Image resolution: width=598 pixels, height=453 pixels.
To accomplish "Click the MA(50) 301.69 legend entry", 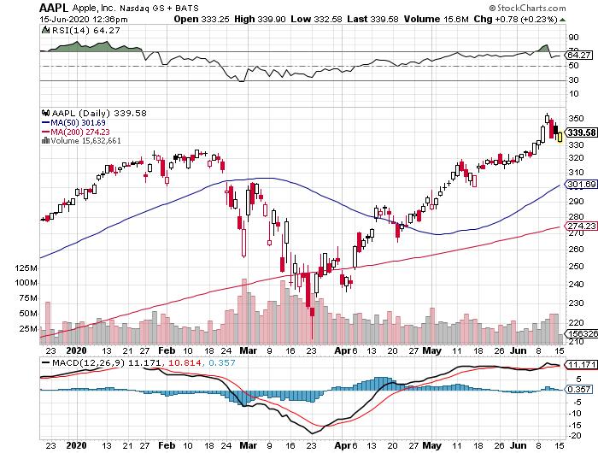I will coord(73,122).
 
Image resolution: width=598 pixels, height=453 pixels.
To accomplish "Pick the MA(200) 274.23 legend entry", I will coord(75,132).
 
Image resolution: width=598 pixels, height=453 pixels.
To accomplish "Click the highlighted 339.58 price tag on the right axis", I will coord(580,132).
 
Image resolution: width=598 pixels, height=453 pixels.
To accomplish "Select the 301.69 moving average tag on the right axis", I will coord(580,185).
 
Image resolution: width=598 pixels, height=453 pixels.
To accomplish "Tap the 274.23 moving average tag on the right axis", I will coord(580,226).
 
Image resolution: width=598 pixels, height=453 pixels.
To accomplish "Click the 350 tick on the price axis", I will coord(575,118).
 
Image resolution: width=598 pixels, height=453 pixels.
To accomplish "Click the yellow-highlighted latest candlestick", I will coord(560,136).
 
